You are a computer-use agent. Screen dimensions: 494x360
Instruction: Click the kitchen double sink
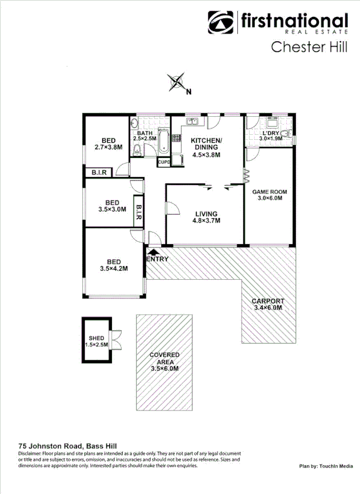click(x=192, y=121)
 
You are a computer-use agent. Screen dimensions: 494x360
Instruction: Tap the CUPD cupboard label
click(x=163, y=162)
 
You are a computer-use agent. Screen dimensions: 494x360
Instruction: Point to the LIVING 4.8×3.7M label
click(x=207, y=217)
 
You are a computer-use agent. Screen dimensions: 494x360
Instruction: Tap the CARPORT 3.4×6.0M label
click(x=268, y=305)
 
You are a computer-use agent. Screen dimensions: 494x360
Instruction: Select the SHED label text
click(x=96, y=338)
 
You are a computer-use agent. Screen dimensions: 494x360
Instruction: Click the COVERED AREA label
click(x=165, y=361)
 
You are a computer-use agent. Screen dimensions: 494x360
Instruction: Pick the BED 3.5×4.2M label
click(x=113, y=265)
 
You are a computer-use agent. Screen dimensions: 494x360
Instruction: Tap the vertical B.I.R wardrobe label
click(x=138, y=211)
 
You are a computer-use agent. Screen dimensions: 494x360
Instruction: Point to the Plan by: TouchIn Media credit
click(x=326, y=466)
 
